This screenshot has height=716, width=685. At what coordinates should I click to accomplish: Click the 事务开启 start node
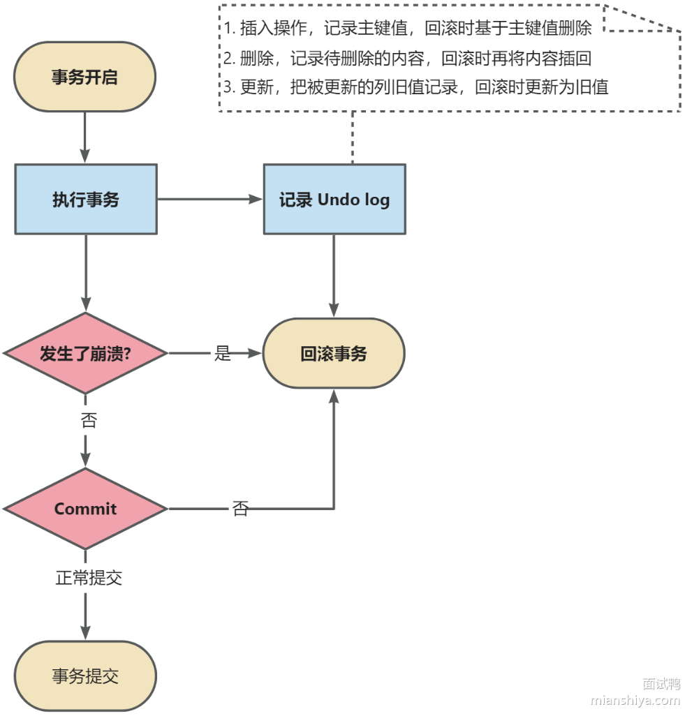pyautogui.click(x=84, y=77)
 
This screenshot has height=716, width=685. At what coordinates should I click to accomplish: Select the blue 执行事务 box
pyautogui.click(x=86, y=200)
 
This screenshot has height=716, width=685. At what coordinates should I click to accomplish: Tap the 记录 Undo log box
pyautogui.click(x=334, y=200)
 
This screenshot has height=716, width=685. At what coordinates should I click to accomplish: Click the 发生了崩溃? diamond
pyautogui.click(x=85, y=354)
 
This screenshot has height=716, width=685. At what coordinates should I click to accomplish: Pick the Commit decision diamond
pyautogui.click(x=85, y=509)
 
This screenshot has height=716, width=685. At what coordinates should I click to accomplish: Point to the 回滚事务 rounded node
pyautogui.click(x=334, y=354)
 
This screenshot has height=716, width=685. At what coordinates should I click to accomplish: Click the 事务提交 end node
pyautogui.click(x=85, y=676)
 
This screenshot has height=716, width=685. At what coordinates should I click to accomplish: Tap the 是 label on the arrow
pyautogui.click(x=222, y=354)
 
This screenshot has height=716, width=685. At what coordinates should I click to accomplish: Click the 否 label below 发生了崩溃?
pyautogui.click(x=89, y=421)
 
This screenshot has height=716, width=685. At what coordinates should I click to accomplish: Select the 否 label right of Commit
pyautogui.click(x=240, y=509)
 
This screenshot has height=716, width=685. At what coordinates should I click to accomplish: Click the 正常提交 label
pyautogui.click(x=89, y=578)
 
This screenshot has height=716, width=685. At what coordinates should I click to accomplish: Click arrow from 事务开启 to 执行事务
pyautogui.click(x=85, y=137)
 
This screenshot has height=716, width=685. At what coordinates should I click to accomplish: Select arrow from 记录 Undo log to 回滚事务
pyautogui.click(x=334, y=276)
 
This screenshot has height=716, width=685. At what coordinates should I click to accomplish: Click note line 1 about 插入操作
pyautogui.click(x=408, y=29)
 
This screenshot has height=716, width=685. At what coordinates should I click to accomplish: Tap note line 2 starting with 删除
pyautogui.click(x=408, y=59)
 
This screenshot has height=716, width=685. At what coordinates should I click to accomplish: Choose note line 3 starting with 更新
pyautogui.click(x=416, y=88)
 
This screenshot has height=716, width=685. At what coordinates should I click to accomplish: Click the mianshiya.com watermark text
pyautogui.click(x=635, y=700)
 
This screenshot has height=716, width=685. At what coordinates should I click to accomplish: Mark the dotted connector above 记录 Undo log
pyautogui.click(x=353, y=137)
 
